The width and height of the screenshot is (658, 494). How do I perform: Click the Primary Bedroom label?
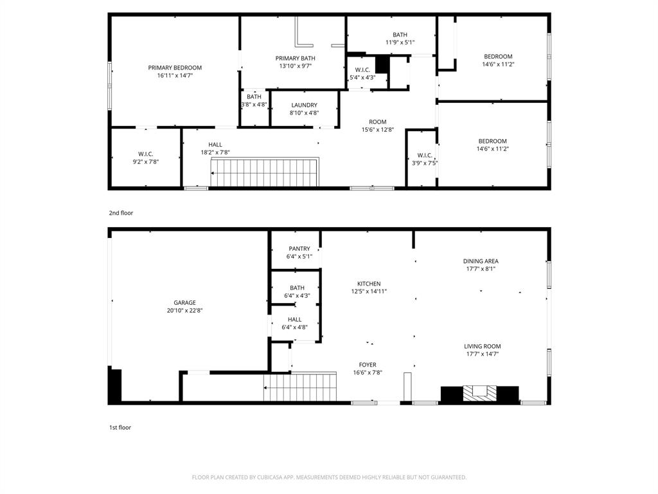pyautogui.click(x=175, y=68)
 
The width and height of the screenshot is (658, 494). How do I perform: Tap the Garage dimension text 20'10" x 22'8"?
pyautogui.click(x=184, y=311)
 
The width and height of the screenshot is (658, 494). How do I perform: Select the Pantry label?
pyautogui.click(x=299, y=249)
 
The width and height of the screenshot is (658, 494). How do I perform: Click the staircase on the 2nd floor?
pyautogui.click(x=265, y=172)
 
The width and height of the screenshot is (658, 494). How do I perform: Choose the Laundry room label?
pyautogui.click(x=304, y=105)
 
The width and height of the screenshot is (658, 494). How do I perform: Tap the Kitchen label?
pyautogui.click(x=369, y=284)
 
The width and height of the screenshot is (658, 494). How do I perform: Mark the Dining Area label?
pyautogui.click(x=481, y=261)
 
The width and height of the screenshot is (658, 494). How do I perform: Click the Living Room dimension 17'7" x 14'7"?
pyautogui.click(x=482, y=354)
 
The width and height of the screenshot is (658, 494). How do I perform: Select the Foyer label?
pyautogui.click(x=368, y=365)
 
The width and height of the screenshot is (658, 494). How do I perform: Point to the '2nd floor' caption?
pyautogui.click(x=121, y=213)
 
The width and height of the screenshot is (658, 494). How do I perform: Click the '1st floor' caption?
pyautogui.click(x=120, y=427)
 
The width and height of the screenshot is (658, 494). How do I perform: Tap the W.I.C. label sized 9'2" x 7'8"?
pyautogui.click(x=145, y=154)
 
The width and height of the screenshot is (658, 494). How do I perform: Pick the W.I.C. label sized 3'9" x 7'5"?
pyautogui.click(x=425, y=155)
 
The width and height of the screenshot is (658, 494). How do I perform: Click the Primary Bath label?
pyautogui.click(x=296, y=58)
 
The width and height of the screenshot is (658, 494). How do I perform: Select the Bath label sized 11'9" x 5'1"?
pyautogui.click(x=400, y=35)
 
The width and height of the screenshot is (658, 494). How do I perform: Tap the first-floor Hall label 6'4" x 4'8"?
pyautogui.click(x=294, y=320)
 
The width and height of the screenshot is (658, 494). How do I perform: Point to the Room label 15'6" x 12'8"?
pyautogui.click(x=377, y=122)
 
